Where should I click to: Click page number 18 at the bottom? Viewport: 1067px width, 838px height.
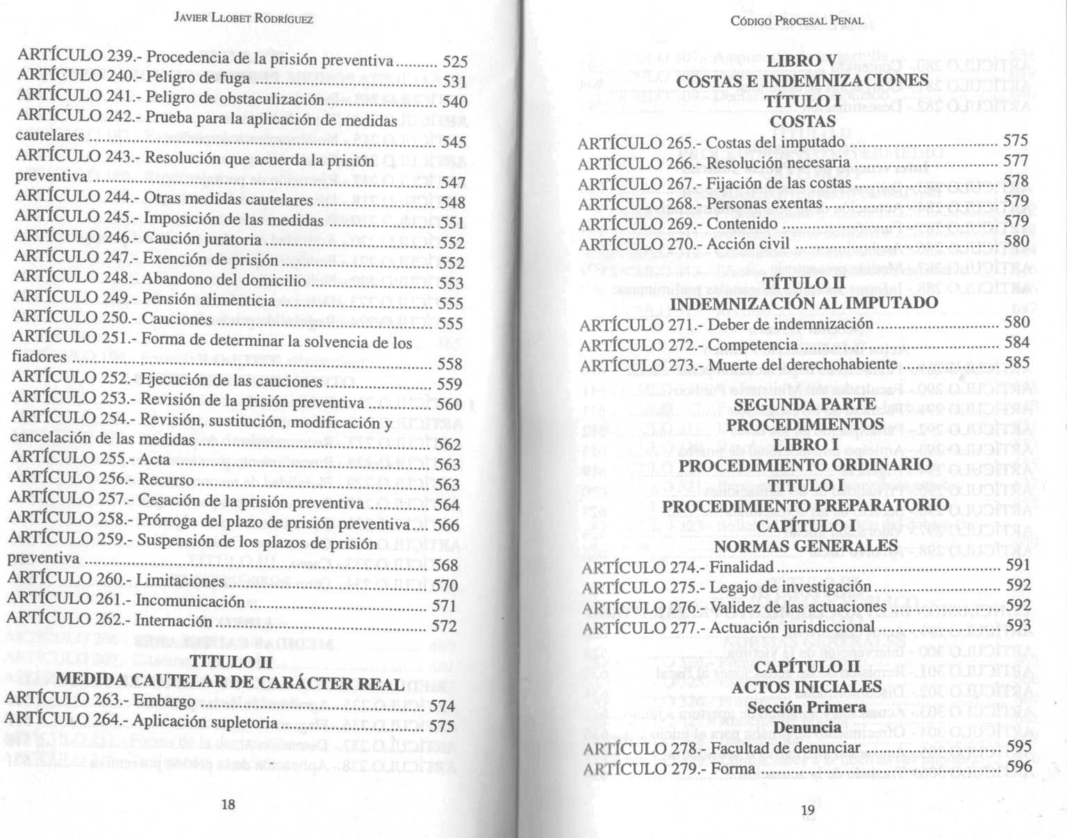[229, 805]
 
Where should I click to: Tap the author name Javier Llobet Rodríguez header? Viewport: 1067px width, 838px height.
[243, 19]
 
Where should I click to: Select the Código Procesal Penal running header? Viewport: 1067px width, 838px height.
[797, 20]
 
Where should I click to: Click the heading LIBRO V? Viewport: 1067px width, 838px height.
[801, 62]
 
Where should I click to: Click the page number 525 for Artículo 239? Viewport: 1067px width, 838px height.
[455, 62]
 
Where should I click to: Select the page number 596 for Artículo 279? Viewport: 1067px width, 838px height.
[1019, 766]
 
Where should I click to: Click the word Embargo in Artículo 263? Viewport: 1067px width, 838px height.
[165, 701]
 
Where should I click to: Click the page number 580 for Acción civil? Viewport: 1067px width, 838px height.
[1016, 242]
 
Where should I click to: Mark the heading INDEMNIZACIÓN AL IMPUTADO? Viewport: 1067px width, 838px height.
[804, 303]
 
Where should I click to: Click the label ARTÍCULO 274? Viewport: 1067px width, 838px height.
[639, 567]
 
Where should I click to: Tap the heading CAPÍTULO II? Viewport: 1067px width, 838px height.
[807, 667]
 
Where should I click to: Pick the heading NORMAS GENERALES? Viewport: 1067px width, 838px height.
[806, 546]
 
